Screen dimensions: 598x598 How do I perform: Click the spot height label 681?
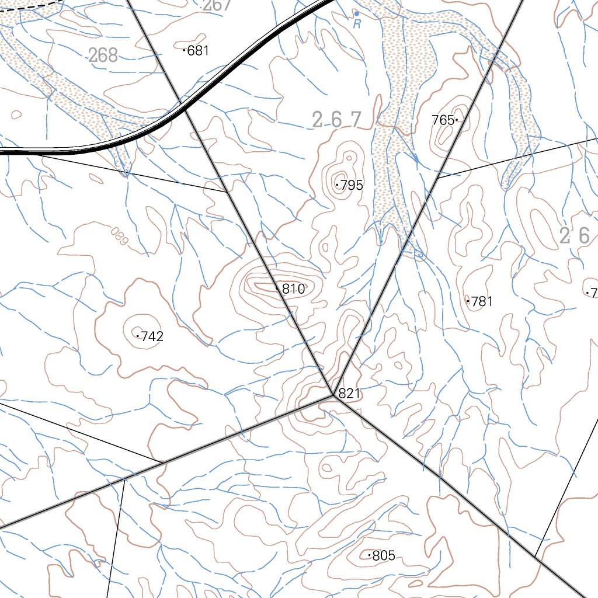pyautogui.click(x=199, y=51)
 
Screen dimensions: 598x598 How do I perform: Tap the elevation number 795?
pyautogui.click(x=352, y=186)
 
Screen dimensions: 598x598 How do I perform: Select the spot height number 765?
pyautogui.click(x=443, y=120)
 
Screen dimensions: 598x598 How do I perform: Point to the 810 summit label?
pyautogui.click(x=293, y=289)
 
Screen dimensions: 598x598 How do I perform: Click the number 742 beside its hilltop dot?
pyautogui.click(x=152, y=336)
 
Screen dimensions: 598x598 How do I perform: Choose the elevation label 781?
pyautogui.click(x=482, y=302)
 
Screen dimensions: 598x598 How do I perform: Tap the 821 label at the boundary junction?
pyautogui.click(x=349, y=394)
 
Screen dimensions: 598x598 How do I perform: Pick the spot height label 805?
pyautogui.click(x=384, y=556)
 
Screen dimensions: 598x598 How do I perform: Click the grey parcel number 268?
pyautogui.click(x=103, y=55)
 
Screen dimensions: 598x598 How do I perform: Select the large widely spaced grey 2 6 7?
pyautogui.click(x=337, y=120)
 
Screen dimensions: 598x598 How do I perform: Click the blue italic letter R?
pyautogui.click(x=357, y=25)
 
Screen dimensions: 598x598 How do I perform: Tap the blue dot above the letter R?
pyautogui.click(x=356, y=13)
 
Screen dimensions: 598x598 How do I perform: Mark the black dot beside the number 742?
pyautogui.click(x=138, y=336)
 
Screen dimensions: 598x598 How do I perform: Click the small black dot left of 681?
pyautogui.click(x=185, y=51)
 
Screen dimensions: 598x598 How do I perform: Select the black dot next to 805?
pyautogui.click(x=369, y=555)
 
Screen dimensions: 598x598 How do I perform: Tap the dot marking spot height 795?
pyautogui.click(x=337, y=185)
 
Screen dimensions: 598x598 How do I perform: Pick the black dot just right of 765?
pyautogui.click(x=457, y=120)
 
